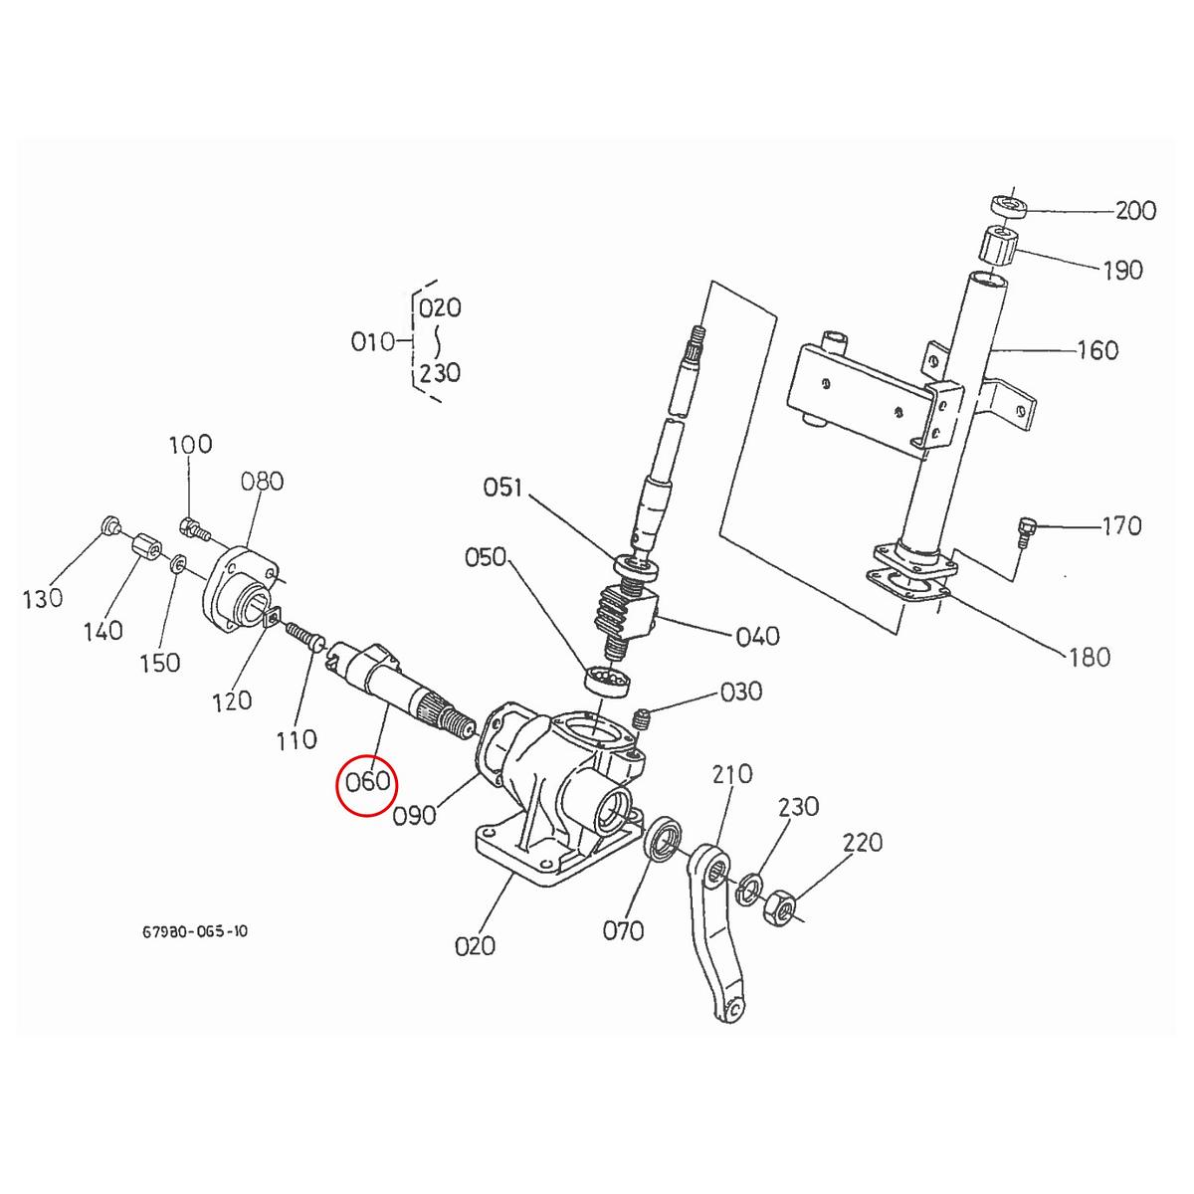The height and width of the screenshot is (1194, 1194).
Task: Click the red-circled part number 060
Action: [x=367, y=782]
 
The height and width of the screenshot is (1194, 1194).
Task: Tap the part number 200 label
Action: [x=1135, y=211]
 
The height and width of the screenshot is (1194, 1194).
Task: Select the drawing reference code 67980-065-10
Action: [x=195, y=932]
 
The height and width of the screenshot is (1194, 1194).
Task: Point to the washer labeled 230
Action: [x=749, y=888]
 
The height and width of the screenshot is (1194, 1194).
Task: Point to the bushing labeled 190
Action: [x=996, y=244]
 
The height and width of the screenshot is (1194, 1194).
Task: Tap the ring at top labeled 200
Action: [x=1007, y=206]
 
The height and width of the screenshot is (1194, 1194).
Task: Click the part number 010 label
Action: [x=373, y=342]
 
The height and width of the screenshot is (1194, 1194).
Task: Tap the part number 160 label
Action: [x=1097, y=350]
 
